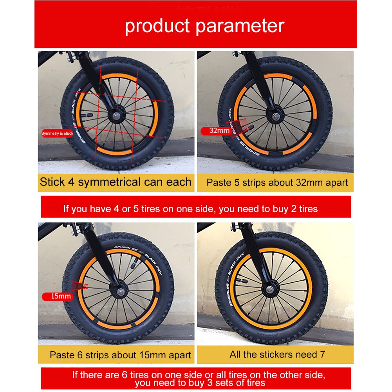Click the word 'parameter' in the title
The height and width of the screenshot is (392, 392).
pyautogui.click(x=240, y=26)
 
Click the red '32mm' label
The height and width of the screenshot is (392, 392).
pyautogui.click(x=217, y=130)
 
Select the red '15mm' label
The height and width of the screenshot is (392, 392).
pyautogui.click(x=58, y=296)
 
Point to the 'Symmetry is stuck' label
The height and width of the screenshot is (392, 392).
pyautogui.click(x=57, y=134)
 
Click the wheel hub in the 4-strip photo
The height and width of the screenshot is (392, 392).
pyautogui.click(x=116, y=116)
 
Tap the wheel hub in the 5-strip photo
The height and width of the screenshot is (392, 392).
pyautogui.click(x=276, y=116)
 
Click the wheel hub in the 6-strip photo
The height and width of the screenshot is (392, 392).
pyautogui.click(x=121, y=291)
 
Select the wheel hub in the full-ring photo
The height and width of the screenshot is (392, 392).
pyautogui.click(x=269, y=289)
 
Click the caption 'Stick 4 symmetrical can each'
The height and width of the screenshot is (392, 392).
pyautogui.click(x=116, y=182)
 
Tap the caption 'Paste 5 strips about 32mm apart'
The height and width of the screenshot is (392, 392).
pyautogui.click(x=277, y=182)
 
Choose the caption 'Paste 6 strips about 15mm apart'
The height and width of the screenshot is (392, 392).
pyautogui.click(x=120, y=355)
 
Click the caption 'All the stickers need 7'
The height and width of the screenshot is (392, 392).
pyautogui.click(x=277, y=354)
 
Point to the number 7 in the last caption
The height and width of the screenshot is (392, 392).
pyautogui.click(x=323, y=354)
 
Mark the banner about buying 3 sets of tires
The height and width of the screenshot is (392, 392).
pyautogui.click(x=196, y=378)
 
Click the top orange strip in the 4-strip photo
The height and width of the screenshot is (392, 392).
pyautogui.click(x=119, y=76)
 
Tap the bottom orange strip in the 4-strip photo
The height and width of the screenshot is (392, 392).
pyautogui.click(x=114, y=152)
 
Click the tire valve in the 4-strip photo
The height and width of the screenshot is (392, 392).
pyautogui.click(x=87, y=115)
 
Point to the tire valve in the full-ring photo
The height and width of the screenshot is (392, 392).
pyautogui.click(x=242, y=281)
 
